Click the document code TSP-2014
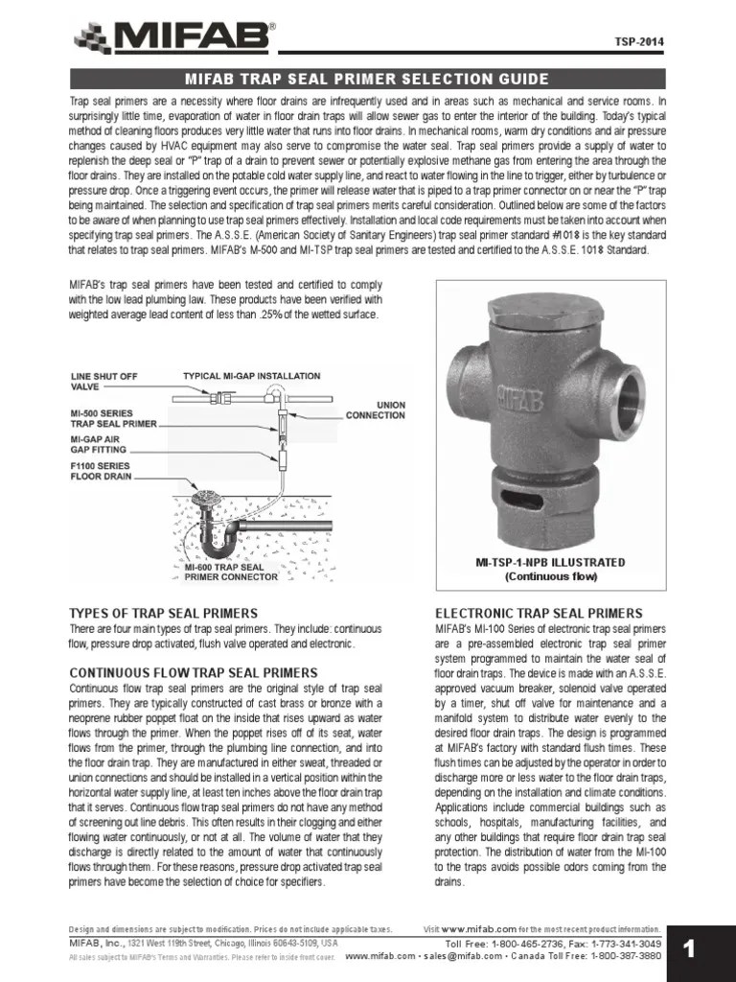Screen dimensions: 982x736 [x=638, y=42]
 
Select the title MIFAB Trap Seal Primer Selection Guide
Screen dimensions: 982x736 [x=367, y=79]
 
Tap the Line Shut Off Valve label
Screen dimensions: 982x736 [x=105, y=382]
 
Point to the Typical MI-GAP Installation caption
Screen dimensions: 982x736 [x=251, y=376]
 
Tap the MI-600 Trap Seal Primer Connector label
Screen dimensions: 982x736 [x=231, y=573]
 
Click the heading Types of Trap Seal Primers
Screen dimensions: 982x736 [x=163, y=613]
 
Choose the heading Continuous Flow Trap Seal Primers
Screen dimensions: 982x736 [x=193, y=672]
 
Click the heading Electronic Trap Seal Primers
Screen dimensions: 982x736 [x=539, y=613]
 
